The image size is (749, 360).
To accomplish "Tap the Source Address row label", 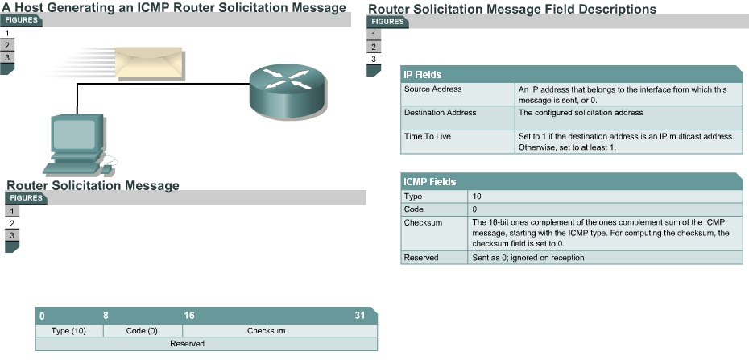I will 432,89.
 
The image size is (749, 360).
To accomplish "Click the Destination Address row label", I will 440,113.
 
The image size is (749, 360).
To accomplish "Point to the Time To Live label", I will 427,136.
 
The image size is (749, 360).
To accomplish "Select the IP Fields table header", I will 423,74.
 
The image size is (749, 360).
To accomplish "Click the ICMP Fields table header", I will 430,182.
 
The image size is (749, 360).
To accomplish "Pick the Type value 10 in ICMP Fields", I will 478,196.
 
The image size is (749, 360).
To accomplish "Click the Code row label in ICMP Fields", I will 413,209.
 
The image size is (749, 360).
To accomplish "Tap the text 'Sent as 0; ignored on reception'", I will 528,258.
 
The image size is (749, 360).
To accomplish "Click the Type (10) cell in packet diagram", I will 68,331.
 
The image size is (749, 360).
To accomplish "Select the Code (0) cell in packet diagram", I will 142,331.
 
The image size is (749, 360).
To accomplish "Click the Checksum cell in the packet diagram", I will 266,331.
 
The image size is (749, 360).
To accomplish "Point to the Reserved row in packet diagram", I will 187,344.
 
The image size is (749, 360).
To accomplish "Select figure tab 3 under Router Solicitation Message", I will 11,235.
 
